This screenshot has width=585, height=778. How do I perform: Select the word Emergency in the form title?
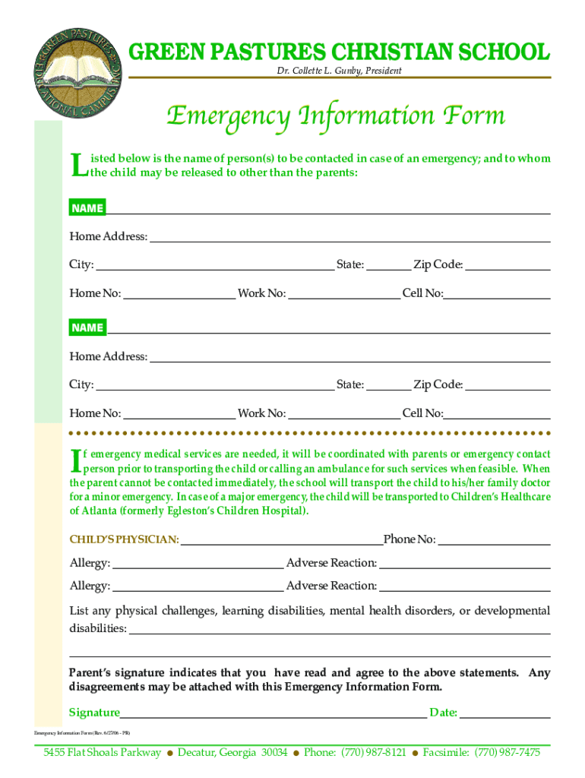228,116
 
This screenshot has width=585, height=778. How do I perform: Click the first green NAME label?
87,208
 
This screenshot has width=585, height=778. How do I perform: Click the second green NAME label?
87,327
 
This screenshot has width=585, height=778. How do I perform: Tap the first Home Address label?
109,237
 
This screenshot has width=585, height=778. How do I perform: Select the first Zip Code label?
438,265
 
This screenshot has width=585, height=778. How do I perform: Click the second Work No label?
262,413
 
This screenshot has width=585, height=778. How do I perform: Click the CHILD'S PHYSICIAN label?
125,540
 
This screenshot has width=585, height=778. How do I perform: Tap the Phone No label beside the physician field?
409,539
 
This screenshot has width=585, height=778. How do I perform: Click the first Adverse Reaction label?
331,563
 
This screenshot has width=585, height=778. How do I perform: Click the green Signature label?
94,713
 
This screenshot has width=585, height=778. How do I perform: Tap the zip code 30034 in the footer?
274,753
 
